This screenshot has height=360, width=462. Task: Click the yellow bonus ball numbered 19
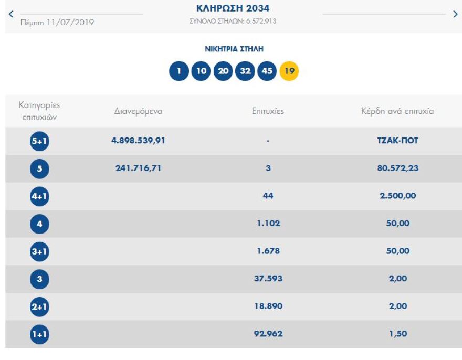tap(289, 71)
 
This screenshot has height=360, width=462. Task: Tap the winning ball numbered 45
tap(267, 71)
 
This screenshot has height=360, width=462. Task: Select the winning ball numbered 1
tap(178, 71)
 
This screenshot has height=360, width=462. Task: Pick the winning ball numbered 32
tap(245, 71)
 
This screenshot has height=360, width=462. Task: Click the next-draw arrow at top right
tap(455, 14)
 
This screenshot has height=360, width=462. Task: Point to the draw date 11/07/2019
tap(57, 22)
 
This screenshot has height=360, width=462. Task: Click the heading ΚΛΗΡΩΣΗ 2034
tap(233, 8)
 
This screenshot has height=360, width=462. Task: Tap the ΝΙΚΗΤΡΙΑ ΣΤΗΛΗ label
tap(234, 49)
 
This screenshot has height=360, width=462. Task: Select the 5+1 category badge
tap(39, 141)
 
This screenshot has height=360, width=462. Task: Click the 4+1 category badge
tap(39, 196)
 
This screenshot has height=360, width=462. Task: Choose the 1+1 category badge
tap(39, 334)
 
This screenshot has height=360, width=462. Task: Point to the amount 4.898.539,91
tap(139, 141)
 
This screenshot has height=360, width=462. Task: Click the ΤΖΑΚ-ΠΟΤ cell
tap(397, 141)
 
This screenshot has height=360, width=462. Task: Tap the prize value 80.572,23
tap(397, 168)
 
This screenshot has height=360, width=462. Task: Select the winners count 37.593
tap(268, 279)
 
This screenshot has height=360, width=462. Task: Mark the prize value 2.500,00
tap(397, 196)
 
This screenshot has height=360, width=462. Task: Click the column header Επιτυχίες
tap(268, 111)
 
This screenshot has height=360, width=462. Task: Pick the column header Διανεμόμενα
tap(138, 111)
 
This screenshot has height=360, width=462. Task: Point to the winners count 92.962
tap(268, 334)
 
